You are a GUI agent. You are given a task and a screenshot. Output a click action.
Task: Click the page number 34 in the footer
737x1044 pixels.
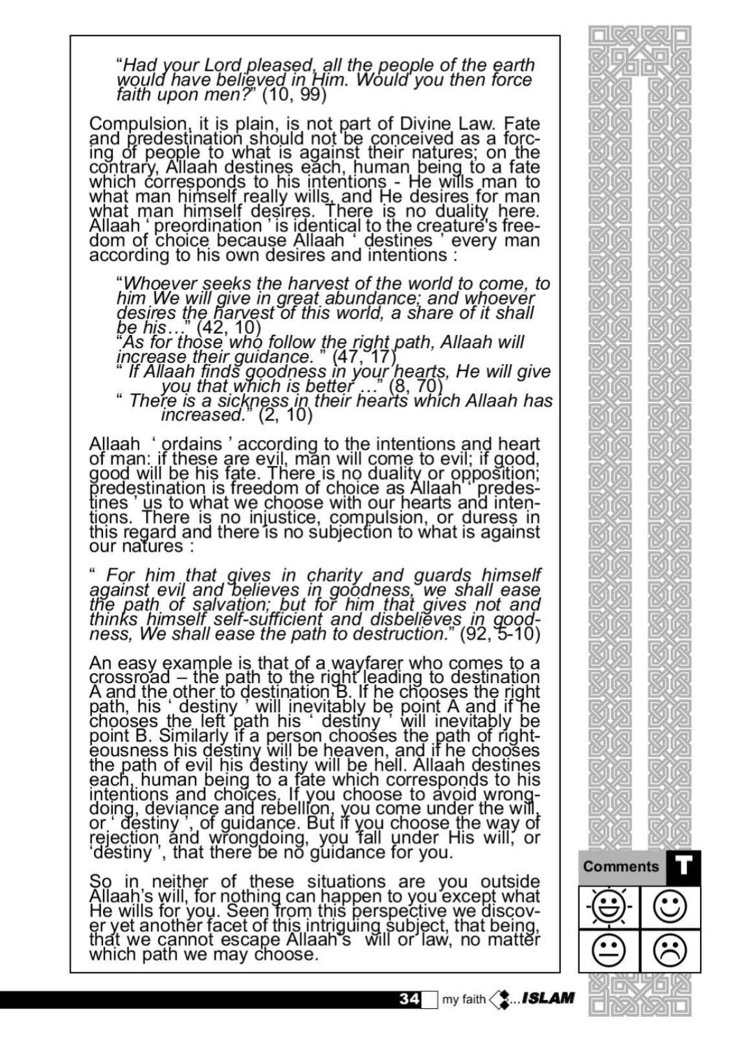tap(409, 999)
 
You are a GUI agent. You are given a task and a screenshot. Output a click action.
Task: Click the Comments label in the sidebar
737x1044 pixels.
tap(620, 866)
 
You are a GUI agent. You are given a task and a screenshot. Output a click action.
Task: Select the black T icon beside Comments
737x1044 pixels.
tap(683, 867)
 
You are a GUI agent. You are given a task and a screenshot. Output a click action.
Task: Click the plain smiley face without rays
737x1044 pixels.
tap(670, 907)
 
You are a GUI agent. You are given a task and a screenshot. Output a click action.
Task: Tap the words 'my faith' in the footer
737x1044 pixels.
tap(464, 999)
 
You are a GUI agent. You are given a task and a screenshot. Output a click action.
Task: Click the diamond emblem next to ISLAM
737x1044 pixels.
tap(500, 999)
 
